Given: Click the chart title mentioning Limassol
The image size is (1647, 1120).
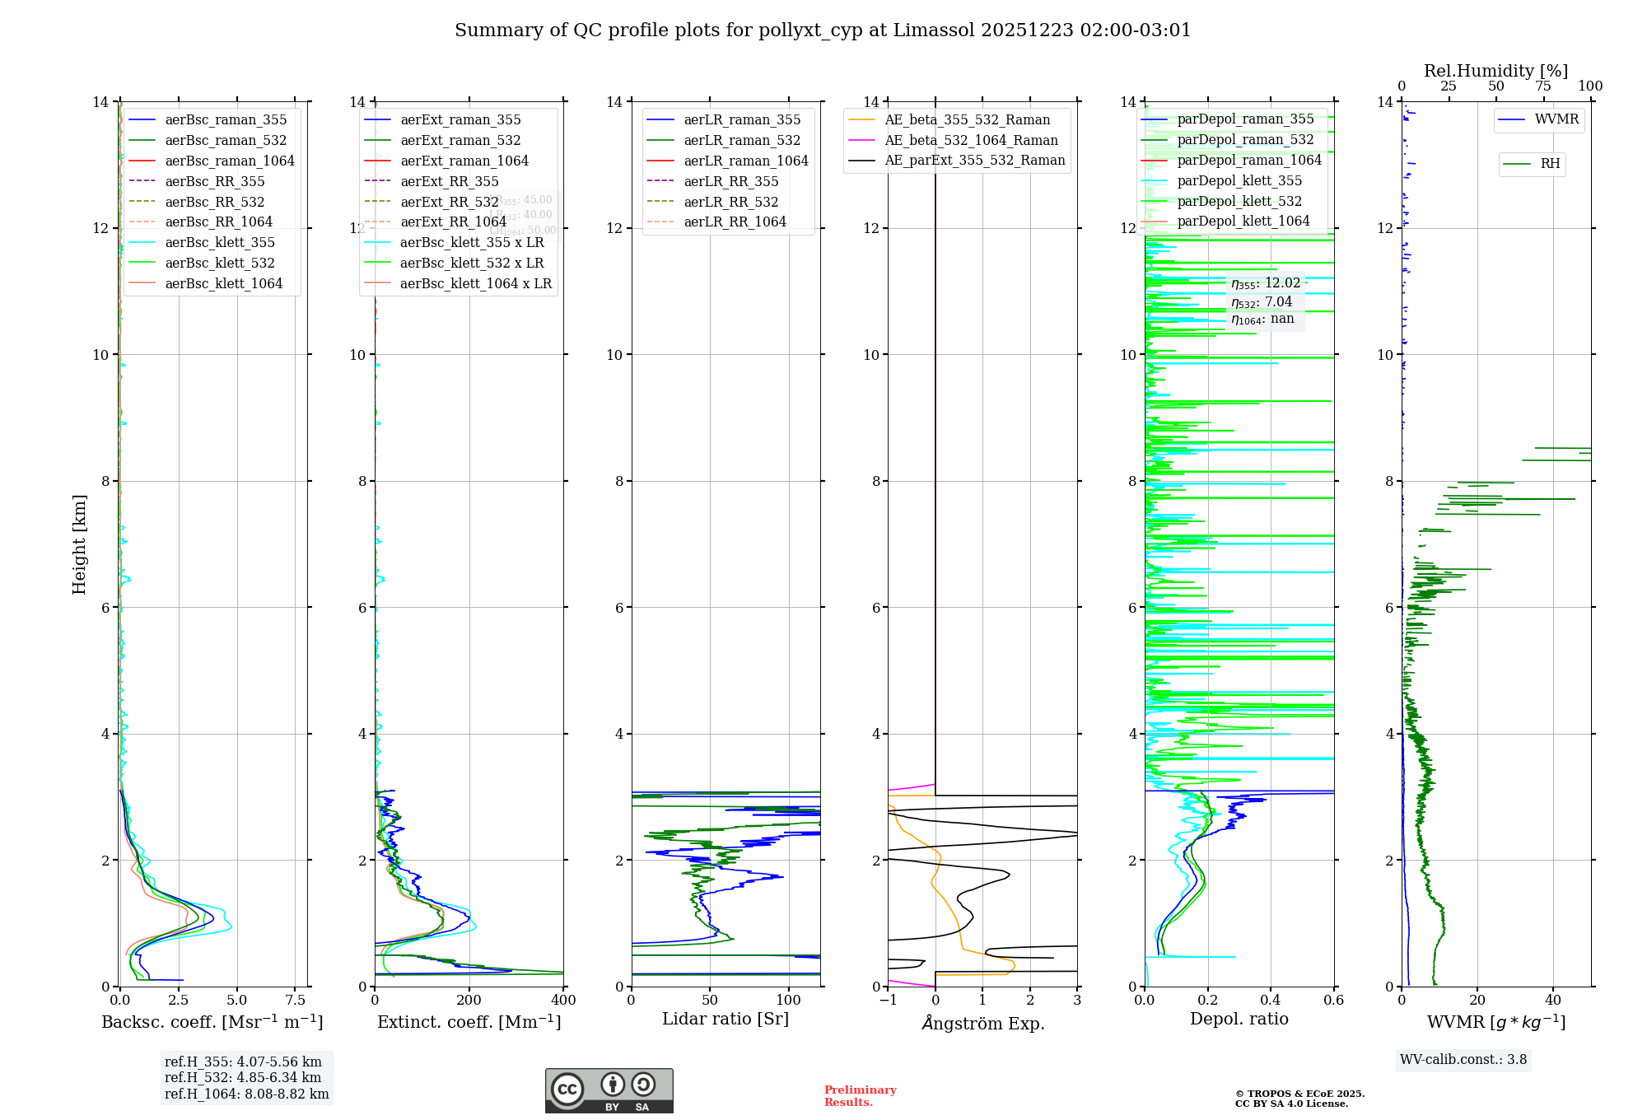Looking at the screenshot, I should (823, 30).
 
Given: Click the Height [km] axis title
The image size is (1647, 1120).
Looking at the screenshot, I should (79, 544).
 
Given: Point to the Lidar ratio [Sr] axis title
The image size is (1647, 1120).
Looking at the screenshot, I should (726, 1019).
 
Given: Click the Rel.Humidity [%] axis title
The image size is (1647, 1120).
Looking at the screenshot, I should (1495, 71).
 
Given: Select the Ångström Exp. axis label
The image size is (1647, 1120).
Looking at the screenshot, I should (983, 1023).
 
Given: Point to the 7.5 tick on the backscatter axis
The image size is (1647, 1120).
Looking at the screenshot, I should (296, 1001).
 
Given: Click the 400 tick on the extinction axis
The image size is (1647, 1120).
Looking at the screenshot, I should (563, 1001).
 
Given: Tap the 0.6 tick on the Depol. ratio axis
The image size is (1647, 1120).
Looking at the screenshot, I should (1333, 1001).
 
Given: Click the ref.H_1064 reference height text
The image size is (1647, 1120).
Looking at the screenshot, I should (246, 1094).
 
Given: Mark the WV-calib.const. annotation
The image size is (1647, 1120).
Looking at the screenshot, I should (1463, 1060).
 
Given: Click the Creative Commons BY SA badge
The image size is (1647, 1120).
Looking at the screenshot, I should (609, 1091).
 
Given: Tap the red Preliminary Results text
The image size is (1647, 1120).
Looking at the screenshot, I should (860, 1096).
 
